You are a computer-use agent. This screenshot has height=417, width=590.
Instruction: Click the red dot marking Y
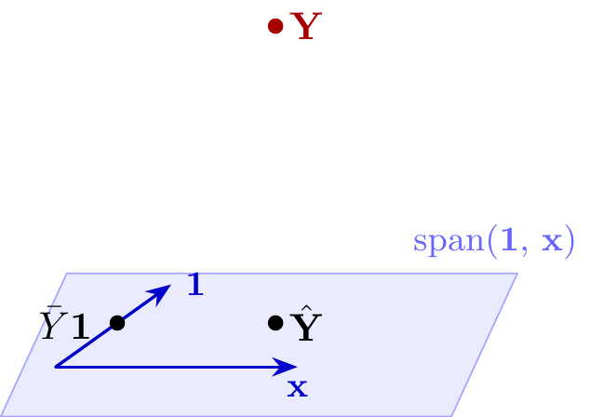(275, 26)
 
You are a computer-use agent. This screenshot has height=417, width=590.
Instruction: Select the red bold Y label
(306, 25)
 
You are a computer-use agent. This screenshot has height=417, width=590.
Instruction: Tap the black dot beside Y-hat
(275, 323)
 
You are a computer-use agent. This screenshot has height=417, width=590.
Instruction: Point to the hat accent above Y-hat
(307, 309)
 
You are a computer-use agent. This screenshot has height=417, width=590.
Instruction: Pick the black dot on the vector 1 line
(117, 323)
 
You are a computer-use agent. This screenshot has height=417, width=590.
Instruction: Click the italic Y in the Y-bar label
(54, 326)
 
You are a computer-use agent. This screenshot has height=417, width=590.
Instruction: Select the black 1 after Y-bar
(81, 327)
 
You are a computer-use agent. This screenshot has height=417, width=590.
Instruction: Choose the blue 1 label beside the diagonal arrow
(195, 284)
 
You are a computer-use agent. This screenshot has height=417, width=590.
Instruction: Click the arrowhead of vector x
(284, 367)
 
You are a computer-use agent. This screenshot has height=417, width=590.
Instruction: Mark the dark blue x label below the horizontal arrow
(298, 388)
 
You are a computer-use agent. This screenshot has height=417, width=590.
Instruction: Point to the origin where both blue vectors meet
(56, 367)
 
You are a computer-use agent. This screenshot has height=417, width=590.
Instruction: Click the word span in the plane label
(449, 242)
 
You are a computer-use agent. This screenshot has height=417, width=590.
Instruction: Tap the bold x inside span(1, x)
(552, 243)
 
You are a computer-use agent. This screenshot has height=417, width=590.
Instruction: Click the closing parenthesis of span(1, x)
(570, 242)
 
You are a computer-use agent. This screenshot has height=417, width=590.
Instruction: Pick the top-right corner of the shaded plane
(518, 274)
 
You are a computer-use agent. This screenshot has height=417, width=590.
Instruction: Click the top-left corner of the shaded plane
(67, 274)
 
